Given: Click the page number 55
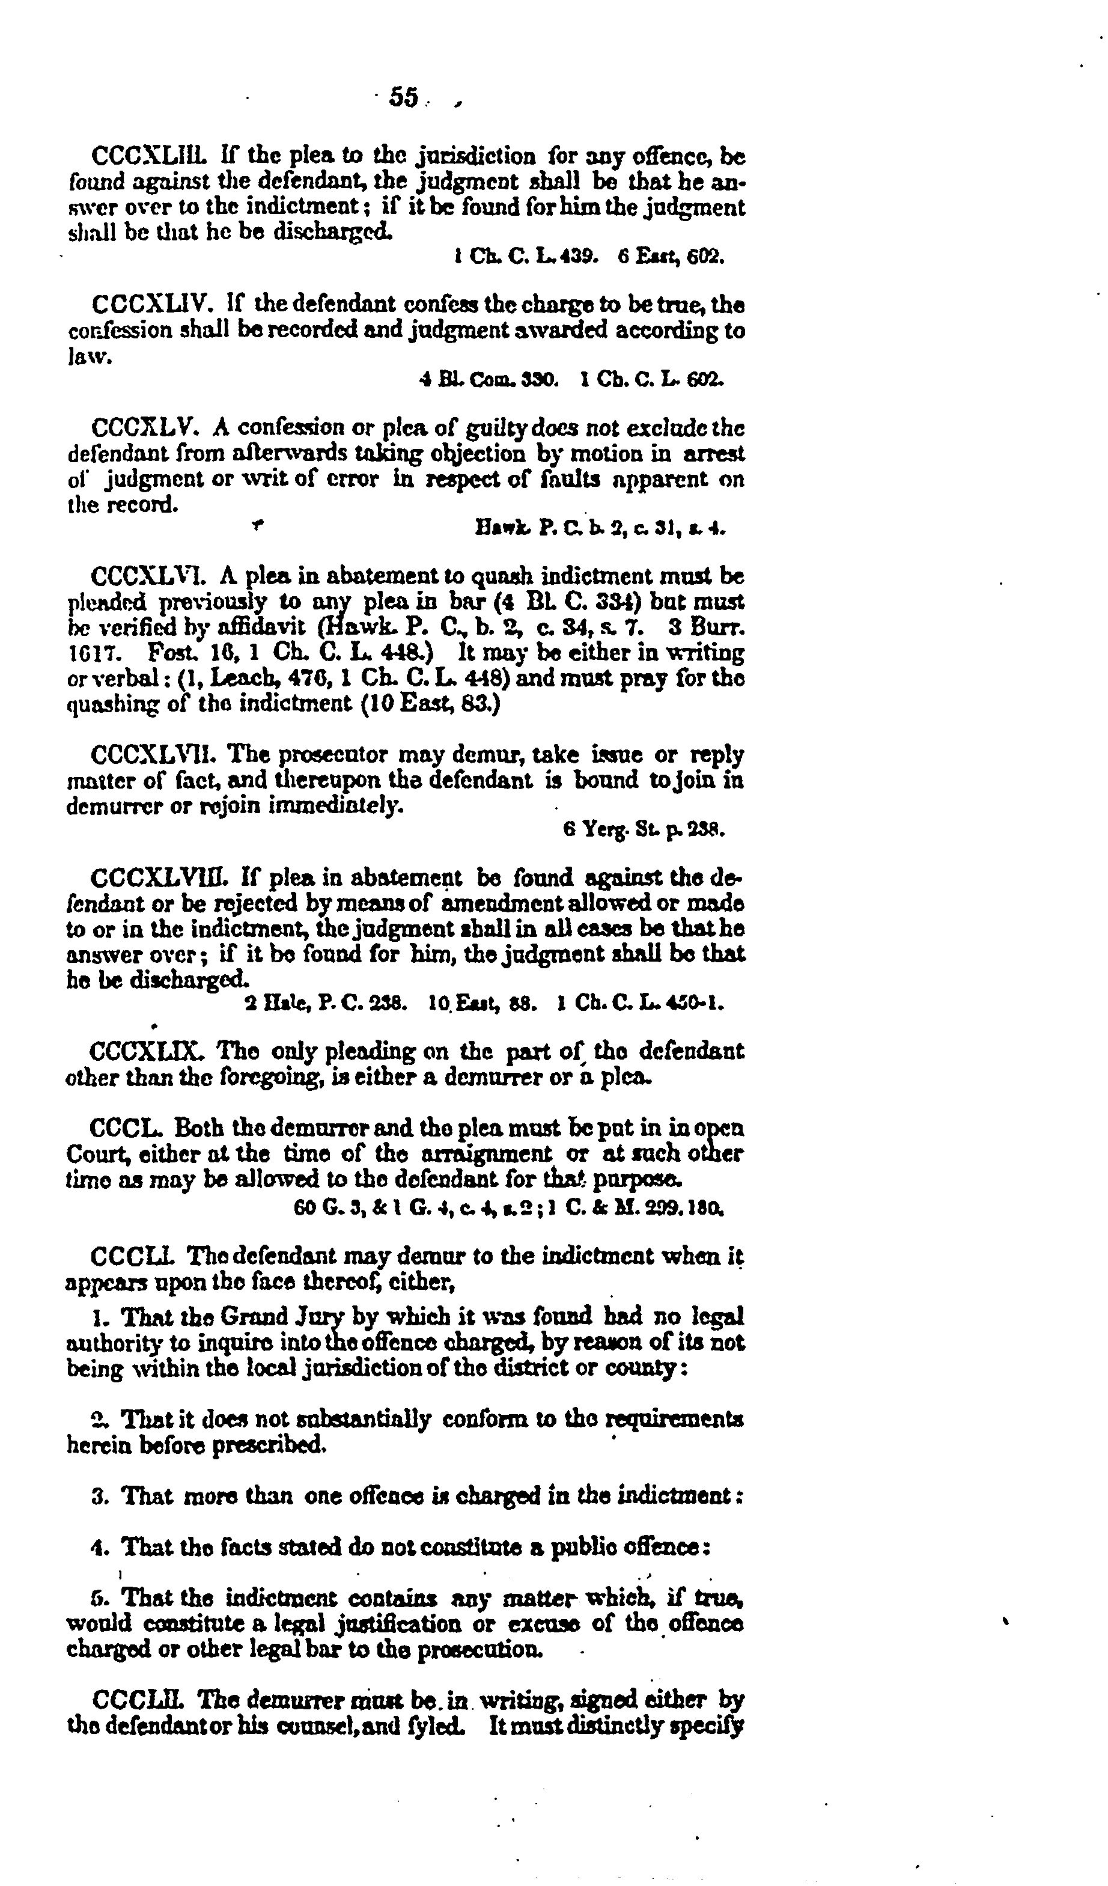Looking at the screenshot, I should pos(404,98).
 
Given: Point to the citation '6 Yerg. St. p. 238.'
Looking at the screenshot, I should pos(644,829).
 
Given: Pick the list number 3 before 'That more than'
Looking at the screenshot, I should pos(97,1496).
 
